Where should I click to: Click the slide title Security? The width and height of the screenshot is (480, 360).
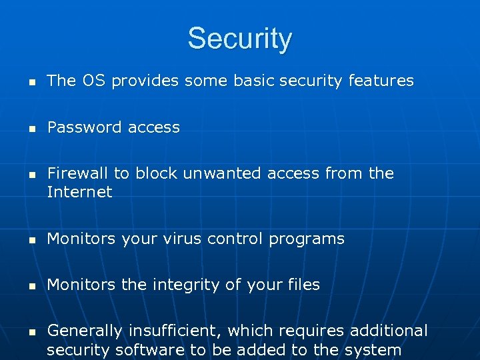click(x=239, y=39)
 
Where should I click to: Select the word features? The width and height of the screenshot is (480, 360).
click(x=381, y=81)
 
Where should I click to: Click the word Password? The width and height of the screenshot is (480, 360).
click(x=79, y=127)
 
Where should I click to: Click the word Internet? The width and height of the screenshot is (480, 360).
click(x=79, y=193)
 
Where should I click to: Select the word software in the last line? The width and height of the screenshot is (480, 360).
click(x=147, y=350)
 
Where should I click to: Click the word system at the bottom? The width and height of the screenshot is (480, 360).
click(x=374, y=351)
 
